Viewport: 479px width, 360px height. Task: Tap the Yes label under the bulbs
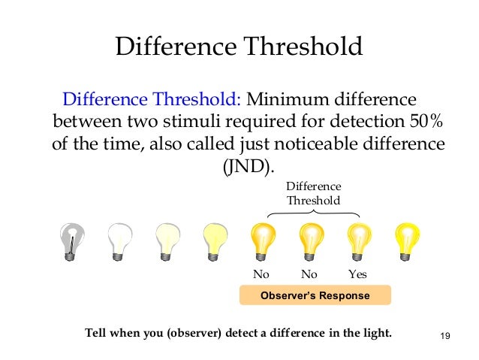(x=357, y=274)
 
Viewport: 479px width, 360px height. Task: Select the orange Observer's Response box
(x=315, y=295)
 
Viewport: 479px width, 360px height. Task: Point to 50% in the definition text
(x=427, y=121)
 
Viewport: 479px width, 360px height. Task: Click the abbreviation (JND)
(x=245, y=165)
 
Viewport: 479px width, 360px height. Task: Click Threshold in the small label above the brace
(x=313, y=201)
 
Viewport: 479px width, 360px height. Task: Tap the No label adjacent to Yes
(x=309, y=274)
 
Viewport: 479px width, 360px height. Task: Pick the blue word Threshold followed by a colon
(x=200, y=100)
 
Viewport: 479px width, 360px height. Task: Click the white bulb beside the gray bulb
(x=120, y=241)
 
